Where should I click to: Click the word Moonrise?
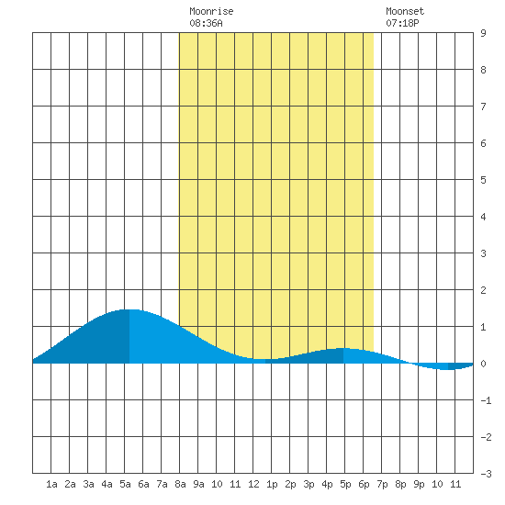click(211, 11)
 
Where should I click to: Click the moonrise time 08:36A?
click(206, 23)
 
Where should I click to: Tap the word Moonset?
click(405, 11)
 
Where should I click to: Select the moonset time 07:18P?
click(402, 23)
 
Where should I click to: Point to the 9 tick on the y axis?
click(483, 33)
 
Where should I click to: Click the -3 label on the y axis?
click(486, 474)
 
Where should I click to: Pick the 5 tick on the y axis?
click(483, 180)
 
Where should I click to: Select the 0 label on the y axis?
click(483, 364)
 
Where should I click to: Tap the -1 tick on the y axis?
click(486, 400)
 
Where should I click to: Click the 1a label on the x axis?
click(51, 484)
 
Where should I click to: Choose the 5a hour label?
click(125, 484)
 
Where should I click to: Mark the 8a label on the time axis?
click(180, 484)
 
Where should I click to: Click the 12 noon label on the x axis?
click(253, 484)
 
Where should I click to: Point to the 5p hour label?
click(345, 484)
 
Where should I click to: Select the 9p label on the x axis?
click(419, 484)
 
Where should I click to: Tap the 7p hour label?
click(382, 484)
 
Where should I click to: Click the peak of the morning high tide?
click(129, 309)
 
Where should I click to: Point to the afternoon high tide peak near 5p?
click(343, 348)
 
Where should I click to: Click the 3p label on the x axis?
click(309, 484)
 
